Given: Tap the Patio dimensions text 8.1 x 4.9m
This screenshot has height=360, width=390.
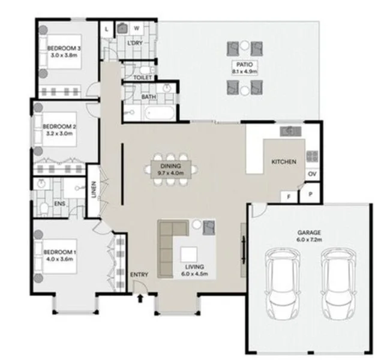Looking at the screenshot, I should coord(245,71).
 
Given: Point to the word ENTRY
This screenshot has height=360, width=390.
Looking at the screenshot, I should coord(139,275).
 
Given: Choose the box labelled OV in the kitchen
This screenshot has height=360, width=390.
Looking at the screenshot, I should coord(312,174).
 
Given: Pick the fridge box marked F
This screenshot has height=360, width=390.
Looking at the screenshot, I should coord(289,196).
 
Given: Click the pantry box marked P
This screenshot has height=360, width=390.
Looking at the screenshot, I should coord(311,194).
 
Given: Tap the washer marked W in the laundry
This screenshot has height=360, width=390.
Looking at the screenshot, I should coord(136,28).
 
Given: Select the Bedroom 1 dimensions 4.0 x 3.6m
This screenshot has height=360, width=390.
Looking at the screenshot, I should coord(59,260).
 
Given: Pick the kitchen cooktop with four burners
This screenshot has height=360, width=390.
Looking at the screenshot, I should coord(313,156).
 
